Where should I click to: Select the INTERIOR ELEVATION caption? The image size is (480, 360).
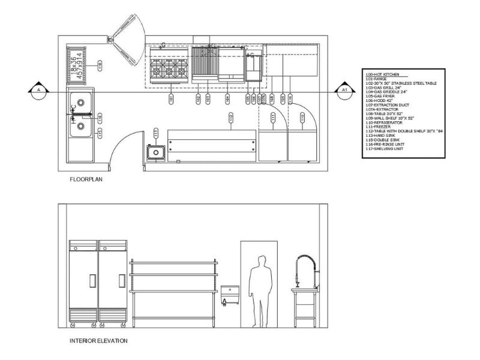[98, 341]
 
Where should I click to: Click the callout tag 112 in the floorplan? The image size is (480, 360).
[230, 119]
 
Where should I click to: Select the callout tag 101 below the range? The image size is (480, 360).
[172, 98]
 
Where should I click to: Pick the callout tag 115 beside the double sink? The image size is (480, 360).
[100, 131]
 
